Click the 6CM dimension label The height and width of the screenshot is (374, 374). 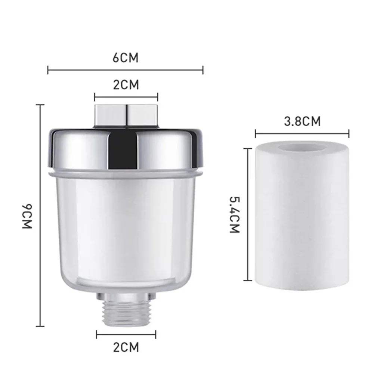(126, 58)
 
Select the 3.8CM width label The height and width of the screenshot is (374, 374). (302, 121)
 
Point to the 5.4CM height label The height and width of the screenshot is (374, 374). (234, 215)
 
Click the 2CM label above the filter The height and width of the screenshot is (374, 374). (126, 85)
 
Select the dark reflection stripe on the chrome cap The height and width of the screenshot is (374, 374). (123, 151)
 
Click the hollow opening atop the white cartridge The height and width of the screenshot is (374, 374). (302, 147)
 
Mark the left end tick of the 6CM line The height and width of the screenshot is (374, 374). (48, 69)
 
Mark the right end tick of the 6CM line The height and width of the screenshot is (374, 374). (203, 69)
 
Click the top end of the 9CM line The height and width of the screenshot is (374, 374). (40, 105)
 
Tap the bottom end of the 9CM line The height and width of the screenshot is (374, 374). (40, 326)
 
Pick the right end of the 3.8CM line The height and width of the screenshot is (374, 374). (349, 133)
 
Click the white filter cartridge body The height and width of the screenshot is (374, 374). (302, 220)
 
